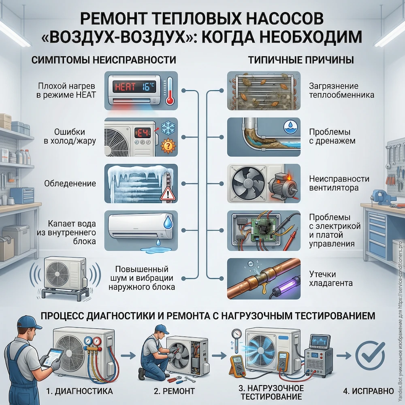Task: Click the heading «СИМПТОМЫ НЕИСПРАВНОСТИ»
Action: (x=103, y=60)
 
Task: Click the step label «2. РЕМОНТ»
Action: (x=175, y=391)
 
